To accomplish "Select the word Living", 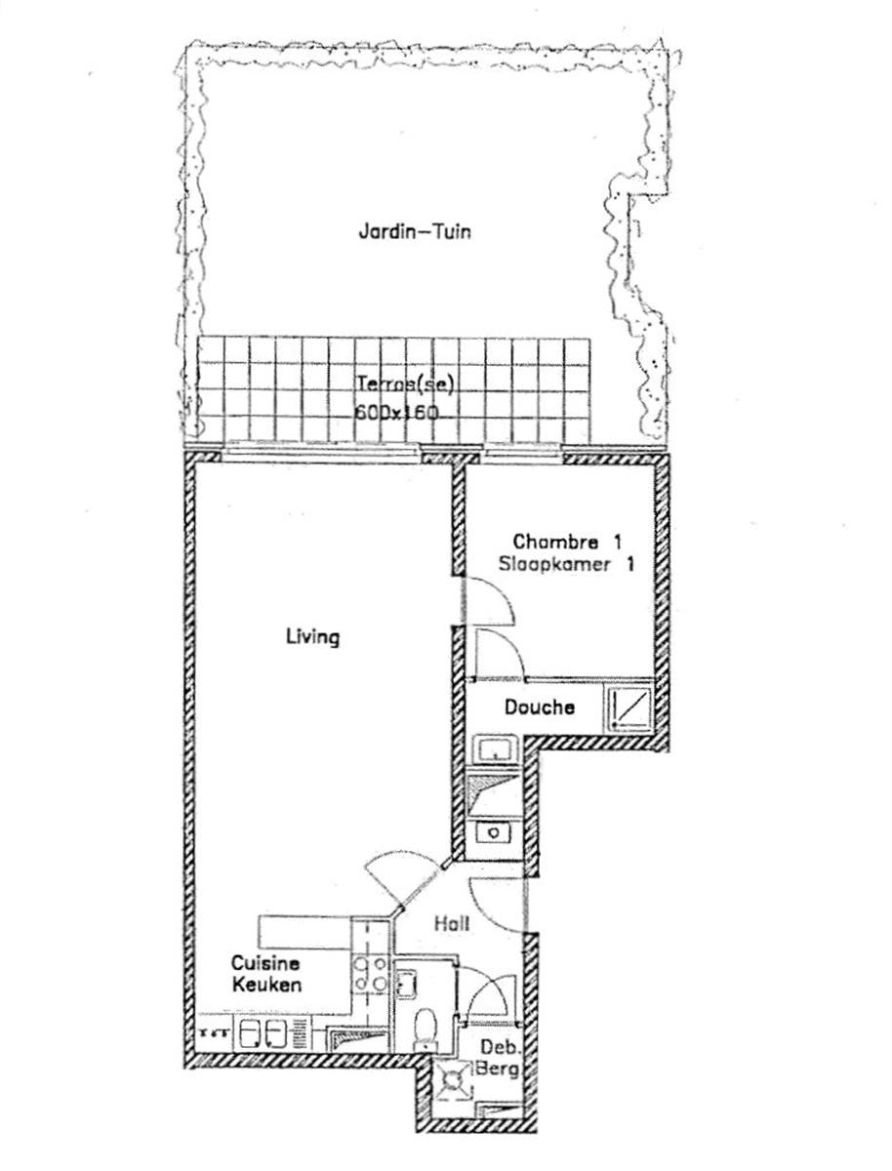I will (312, 637).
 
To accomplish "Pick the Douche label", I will (539, 707).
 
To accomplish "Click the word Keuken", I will (266, 985).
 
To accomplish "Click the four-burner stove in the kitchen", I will (371, 974).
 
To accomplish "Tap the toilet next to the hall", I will (425, 1029).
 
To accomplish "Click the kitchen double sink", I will (261, 1033).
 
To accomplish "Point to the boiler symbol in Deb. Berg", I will (454, 1082).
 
